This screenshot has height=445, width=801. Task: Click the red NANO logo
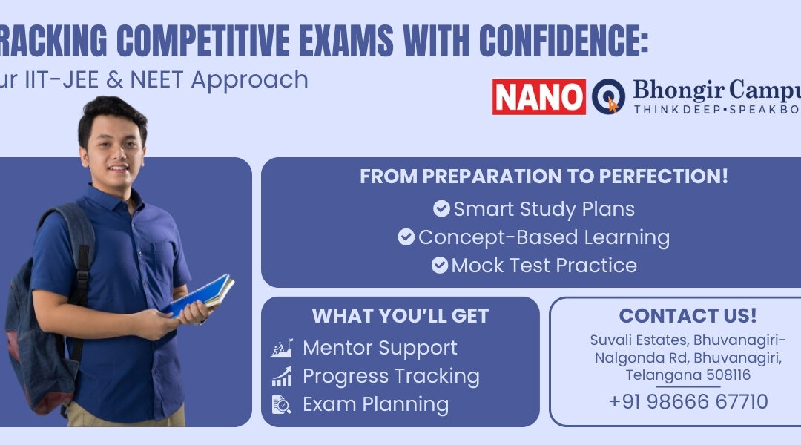click(539, 96)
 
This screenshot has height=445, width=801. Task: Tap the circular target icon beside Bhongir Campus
click(608, 96)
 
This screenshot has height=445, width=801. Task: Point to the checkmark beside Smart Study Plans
click(441, 209)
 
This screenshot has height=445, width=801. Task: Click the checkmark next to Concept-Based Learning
click(406, 237)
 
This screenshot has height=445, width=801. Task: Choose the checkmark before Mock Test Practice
click(440, 265)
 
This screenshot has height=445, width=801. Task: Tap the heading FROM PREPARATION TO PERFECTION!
click(544, 177)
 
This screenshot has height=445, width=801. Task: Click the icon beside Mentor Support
click(281, 348)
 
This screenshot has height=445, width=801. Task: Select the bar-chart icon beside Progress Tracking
click(281, 377)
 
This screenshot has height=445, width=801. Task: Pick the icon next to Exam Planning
click(281, 404)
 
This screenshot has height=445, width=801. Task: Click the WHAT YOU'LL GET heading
click(400, 316)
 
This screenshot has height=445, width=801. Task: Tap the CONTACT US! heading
click(688, 316)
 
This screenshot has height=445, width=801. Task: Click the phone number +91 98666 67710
click(688, 402)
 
